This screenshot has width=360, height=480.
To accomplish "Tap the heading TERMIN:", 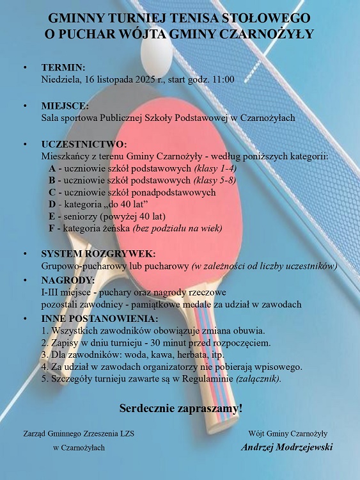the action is coord(63,67).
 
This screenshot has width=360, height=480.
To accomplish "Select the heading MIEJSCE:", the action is coord(65,106).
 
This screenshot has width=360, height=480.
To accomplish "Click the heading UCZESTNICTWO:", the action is coord(84,144).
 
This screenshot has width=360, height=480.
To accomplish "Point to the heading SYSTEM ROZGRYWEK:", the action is coord(98,253).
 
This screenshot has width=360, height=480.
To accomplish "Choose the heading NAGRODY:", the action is coord(68,280).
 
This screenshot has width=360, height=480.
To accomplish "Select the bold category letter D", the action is coord(52,204).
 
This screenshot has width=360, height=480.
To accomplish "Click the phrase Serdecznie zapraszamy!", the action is coord(181,407).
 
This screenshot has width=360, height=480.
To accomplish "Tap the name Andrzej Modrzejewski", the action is coord(287,447).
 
